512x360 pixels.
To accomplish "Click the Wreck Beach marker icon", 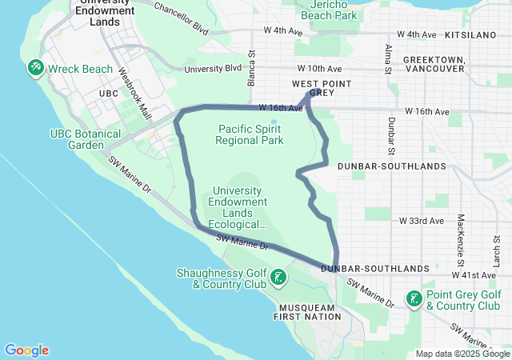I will pyautogui.click(x=35, y=69).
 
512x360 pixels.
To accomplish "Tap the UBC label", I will pyautogui.click(x=108, y=94).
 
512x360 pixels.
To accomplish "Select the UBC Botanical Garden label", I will pyautogui.click(x=86, y=139).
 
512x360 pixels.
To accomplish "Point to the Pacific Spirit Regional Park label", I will pyautogui.click(x=250, y=134).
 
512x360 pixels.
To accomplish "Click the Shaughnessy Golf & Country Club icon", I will pyautogui.click(x=278, y=278).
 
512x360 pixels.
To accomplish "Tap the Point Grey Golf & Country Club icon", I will pyautogui.click(x=414, y=299).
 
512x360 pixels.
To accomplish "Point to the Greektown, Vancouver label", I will pyautogui.click(x=434, y=64).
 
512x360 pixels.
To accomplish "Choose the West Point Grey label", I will pyautogui.click(x=312, y=88).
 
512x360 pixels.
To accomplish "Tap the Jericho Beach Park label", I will pyautogui.click(x=328, y=10).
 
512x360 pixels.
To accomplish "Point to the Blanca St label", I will pyautogui.click(x=250, y=66).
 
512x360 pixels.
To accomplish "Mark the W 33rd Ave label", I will pyautogui.click(x=421, y=220).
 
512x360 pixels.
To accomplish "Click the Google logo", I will pyautogui.click(x=27, y=350).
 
